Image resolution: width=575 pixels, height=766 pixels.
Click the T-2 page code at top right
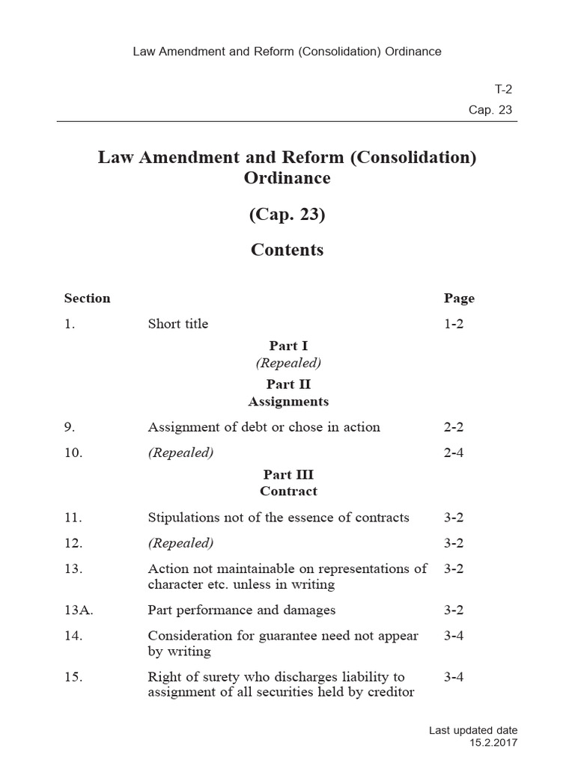[503, 89]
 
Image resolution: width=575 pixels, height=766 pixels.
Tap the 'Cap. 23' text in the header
[490, 110]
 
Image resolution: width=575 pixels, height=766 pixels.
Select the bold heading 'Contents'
[287, 250]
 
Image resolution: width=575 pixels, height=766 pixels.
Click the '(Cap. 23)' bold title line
[287, 215]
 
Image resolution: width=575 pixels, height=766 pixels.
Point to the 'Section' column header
[87, 298]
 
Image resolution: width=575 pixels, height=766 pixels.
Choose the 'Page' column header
[459, 298]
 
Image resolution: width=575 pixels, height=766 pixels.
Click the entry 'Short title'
[178, 324]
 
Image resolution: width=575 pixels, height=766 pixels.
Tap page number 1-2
[454, 324]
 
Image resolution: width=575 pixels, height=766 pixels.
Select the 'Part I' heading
[288, 346]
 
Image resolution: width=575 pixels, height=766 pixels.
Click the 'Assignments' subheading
[288, 402]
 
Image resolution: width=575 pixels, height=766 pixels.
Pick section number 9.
[70, 427]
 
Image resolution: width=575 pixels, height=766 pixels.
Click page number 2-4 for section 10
[454, 453]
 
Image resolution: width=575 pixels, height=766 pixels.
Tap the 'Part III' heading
[288, 474]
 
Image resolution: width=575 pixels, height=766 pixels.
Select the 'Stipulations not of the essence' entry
[279, 517]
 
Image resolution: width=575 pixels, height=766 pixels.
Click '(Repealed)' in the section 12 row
[180, 542]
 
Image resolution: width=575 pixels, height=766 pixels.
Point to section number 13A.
[78, 610]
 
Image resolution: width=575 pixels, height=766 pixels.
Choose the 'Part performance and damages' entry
[242, 610]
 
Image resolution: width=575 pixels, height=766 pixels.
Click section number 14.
[73, 635]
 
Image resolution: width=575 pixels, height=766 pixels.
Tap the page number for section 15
[454, 677]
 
